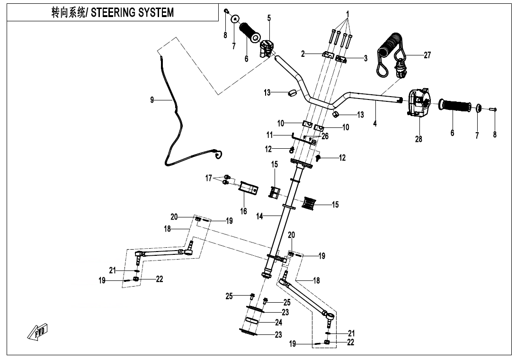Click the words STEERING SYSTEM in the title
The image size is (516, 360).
(132, 13)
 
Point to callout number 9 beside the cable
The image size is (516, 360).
(152, 100)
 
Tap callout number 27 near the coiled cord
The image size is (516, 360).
(427, 55)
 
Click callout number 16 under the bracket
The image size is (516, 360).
(243, 211)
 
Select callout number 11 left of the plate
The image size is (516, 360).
(283, 135)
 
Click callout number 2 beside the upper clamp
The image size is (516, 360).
(303, 54)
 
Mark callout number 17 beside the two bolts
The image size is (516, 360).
(208, 179)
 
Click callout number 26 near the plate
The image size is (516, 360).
(324, 136)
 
